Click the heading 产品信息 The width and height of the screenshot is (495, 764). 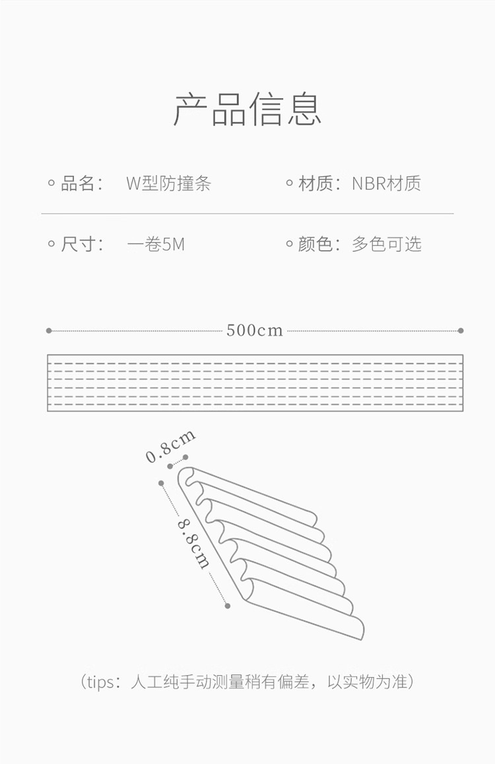(247, 109)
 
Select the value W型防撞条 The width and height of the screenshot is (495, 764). (169, 183)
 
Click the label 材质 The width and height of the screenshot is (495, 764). (315, 183)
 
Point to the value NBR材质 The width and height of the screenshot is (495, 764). (386, 183)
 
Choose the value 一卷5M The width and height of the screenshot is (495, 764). (156, 244)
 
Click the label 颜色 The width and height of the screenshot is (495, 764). (315, 244)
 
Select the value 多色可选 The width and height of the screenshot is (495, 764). (387, 244)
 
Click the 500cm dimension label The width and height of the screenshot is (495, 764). (255, 330)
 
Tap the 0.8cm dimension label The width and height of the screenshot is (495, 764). (171, 446)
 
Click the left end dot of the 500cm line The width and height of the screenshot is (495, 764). (49, 331)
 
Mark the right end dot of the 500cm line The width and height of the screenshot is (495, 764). (461, 331)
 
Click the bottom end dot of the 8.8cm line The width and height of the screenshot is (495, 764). (227, 606)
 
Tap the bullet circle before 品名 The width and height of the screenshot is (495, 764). (51, 183)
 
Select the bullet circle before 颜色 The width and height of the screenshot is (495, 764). (289, 244)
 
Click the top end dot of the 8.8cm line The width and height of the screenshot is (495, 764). (161, 483)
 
